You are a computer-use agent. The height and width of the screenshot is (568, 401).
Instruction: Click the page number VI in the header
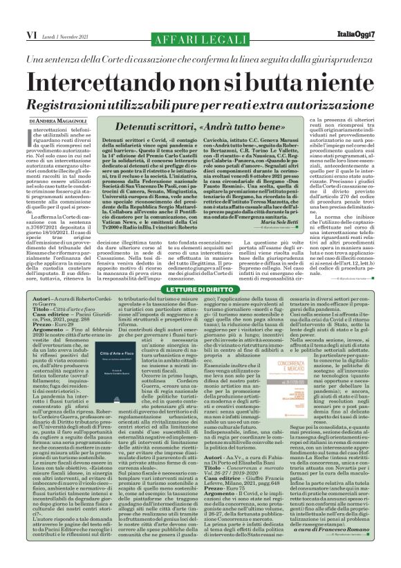pos(12,13)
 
